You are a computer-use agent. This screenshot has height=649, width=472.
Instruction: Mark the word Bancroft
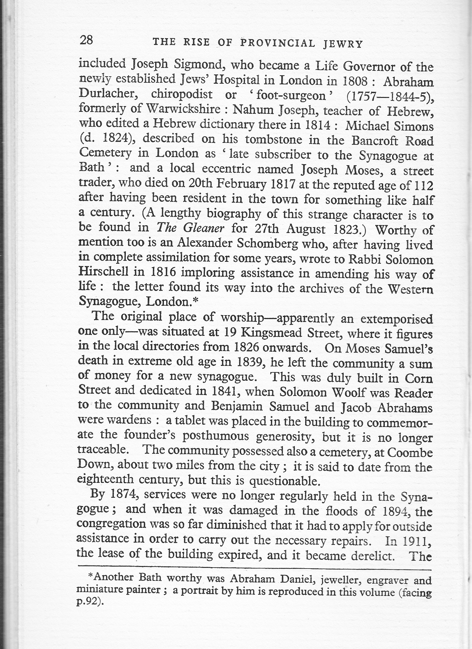[377, 141]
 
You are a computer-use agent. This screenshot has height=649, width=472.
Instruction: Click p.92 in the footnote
[89, 604]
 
